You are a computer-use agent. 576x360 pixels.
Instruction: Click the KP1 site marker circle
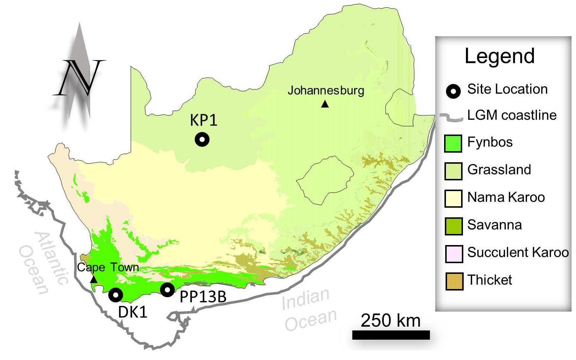tap(202, 140)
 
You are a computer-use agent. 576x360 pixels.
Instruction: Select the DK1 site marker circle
tap(116, 295)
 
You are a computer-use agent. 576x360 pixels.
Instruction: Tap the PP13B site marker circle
tap(167, 290)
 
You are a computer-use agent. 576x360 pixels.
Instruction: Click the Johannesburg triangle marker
tap(325, 104)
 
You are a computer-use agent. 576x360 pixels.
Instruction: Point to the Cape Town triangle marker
tap(94, 279)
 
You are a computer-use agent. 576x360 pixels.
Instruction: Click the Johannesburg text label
tap(326, 91)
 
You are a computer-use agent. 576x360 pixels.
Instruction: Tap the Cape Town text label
tap(108, 267)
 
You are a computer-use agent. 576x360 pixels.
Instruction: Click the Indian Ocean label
tap(309, 309)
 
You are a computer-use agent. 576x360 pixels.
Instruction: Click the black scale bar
tap(391, 335)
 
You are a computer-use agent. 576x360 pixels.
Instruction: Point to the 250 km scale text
tap(391, 320)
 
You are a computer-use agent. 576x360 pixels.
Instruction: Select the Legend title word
tap(499, 56)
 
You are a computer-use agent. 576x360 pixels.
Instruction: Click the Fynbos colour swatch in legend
tap(453, 143)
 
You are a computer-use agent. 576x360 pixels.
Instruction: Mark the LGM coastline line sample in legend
tap(451, 118)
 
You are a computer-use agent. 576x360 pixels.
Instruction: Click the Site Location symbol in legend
tap(453, 91)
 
